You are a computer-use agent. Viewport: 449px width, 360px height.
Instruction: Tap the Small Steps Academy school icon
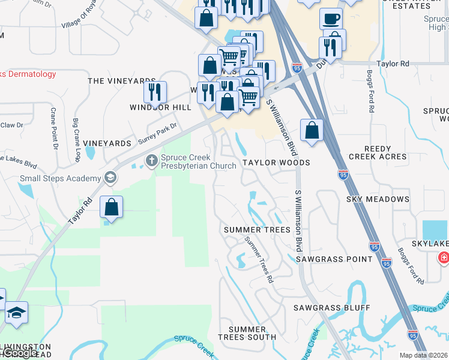(x=110, y=178)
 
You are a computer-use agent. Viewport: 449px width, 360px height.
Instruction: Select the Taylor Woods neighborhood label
(x=276, y=163)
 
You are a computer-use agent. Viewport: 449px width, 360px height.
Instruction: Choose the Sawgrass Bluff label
(x=332, y=307)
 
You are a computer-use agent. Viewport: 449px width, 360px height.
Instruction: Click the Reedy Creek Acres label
(x=378, y=152)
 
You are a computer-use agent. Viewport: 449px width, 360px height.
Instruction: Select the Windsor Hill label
(x=160, y=107)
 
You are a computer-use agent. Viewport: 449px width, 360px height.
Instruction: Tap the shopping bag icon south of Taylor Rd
(x=112, y=207)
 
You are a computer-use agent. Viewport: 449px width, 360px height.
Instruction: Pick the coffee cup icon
(x=331, y=19)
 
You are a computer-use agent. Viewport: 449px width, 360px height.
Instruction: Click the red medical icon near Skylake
(x=444, y=258)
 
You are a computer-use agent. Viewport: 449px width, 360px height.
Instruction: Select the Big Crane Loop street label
(x=76, y=139)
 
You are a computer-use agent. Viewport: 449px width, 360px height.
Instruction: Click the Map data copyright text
(x=423, y=355)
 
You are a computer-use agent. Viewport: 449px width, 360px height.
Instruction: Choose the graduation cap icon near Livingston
(x=16, y=313)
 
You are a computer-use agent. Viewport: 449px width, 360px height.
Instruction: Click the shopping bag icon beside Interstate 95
(x=312, y=130)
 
